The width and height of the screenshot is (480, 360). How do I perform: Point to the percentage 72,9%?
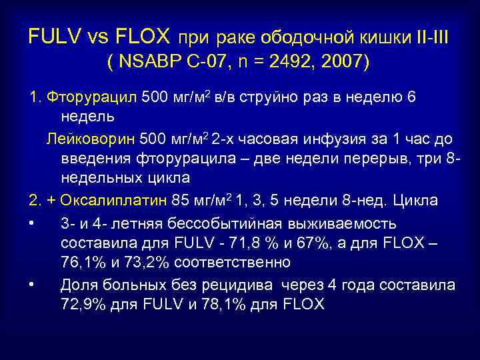[81, 305]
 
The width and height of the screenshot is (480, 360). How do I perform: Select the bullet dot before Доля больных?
[32, 285]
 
